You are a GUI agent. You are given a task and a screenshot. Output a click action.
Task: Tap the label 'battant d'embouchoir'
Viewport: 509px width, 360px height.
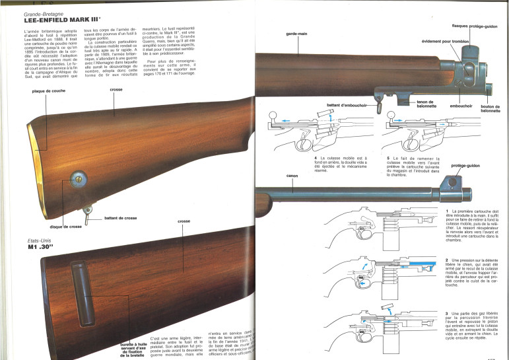pyautogui.click(x=344, y=105)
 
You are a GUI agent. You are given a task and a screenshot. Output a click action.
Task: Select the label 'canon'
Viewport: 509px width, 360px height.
pyautogui.click(x=292, y=176)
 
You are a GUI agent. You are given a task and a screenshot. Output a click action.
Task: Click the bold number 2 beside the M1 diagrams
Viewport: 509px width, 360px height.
pyautogui.click(x=448, y=261)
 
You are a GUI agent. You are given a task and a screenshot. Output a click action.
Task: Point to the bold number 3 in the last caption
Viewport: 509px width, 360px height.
pyautogui.click(x=448, y=311)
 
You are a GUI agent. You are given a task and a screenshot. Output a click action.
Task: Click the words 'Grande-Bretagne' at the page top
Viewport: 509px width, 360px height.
pyautogui.click(x=42, y=13)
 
